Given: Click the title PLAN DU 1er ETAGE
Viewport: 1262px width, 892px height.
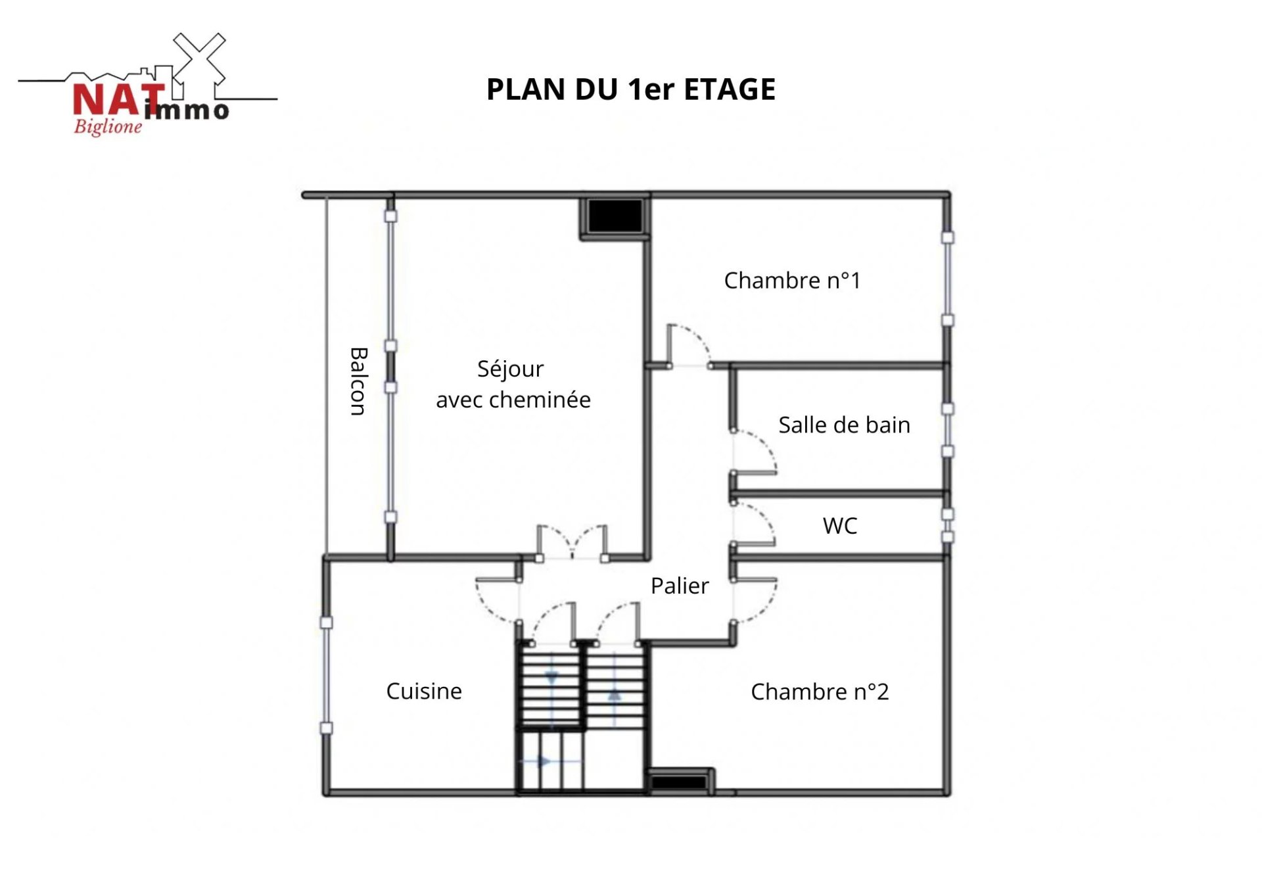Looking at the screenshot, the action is pyautogui.click(x=631, y=89).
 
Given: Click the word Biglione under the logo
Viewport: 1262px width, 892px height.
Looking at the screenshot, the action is pyautogui.click(x=108, y=127).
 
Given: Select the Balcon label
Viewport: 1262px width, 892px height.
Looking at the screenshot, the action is pyautogui.click(x=358, y=381).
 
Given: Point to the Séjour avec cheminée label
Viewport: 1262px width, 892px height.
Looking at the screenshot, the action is pyautogui.click(x=513, y=385).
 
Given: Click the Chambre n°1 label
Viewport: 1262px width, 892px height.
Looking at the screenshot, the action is pyautogui.click(x=792, y=281).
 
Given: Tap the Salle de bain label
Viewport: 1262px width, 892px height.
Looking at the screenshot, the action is pyautogui.click(x=844, y=425).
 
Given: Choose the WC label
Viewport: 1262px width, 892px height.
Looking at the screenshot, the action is pyautogui.click(x=840, y=526).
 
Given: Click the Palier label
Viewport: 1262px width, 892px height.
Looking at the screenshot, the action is pyautogui.click(x=680, y=586).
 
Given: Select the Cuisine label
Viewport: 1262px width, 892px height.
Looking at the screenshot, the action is pyautogui.click(x=424, y=691).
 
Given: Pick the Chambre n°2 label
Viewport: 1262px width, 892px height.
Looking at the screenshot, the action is pyautogui.click(x=820, y=692).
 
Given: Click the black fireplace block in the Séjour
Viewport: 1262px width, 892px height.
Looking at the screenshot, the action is pyautogui.click(x=615, y=216).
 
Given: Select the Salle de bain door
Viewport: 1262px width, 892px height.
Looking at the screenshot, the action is pyautogui.click(x=754, y=452).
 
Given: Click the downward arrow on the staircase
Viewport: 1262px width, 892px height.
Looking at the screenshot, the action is pyautogui.click(x=551, y=677).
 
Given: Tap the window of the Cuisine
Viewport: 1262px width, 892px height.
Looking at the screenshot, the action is pyautogui.click(x=326, y=675).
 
